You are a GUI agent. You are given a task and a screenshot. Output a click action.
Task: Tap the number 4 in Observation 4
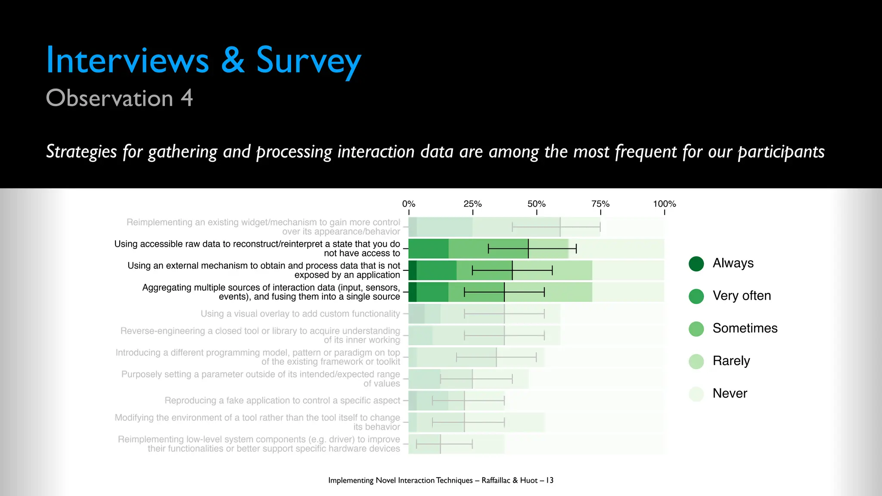(x=186, y=98)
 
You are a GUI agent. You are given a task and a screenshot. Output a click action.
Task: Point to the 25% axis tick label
(x=472, y=204)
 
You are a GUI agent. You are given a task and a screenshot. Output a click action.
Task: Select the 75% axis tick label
(x=600, y=204)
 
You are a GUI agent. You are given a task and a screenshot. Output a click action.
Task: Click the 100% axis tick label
(x=665, y=204)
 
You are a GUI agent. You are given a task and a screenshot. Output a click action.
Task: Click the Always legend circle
(x=696, y=263)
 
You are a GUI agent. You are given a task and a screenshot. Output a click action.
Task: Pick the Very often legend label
(x=742, y=296)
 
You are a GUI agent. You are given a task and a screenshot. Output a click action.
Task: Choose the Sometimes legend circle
(x=696, y=329)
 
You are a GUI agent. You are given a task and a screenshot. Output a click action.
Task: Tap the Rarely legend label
(x=731, y=361)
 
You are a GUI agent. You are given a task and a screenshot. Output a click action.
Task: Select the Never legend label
(x=730, y=393)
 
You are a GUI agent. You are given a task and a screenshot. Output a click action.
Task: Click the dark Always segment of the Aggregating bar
(x=412, y=292)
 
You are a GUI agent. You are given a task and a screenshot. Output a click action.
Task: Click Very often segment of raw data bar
(x=429, y=249)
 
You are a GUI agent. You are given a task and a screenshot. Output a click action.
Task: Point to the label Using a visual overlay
(x=300, y=314)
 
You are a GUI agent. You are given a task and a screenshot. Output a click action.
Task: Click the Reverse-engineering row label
(x=260, y=335)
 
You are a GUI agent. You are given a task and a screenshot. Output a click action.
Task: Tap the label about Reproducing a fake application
(x=282, y=400)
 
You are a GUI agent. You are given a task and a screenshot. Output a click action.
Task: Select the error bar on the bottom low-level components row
(x=444, y=444)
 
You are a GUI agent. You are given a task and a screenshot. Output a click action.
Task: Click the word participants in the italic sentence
(x=781, y=152)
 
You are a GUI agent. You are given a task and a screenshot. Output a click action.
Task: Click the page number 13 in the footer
(x=550, y=480)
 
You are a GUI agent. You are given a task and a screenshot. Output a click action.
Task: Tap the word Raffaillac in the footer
(x=496, y=480)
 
